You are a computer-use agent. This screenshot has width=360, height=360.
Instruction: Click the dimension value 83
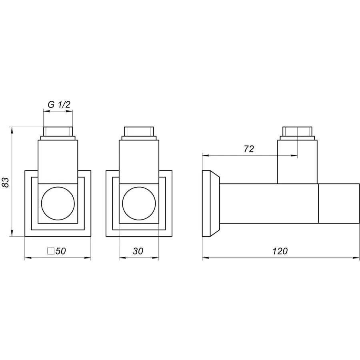pyautogui.click(x=6, y=182)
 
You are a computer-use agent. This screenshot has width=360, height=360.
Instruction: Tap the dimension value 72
pyautogui.click(x=249, y=149)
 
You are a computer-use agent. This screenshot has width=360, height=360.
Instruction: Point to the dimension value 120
pyautogui.click(x=280, y=251)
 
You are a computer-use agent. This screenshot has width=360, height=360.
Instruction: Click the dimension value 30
pyautogui.click(x=138, y=251)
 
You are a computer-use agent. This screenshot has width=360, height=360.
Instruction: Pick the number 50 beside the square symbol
pyautogui.click(x=60, y=251)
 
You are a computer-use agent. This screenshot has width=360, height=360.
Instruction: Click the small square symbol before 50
pyautogui.click(x=51, y=251)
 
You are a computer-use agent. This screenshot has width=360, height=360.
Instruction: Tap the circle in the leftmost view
pyautogui.click(x=58, y=202)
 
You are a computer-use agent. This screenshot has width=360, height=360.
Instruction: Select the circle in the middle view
pyautogui.click(x=138, y=202)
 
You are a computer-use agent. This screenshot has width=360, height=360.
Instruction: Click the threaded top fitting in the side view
pyautogui.click(x=298, y=132)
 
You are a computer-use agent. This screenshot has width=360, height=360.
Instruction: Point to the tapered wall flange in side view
pyautogui.click(x=211, y=203)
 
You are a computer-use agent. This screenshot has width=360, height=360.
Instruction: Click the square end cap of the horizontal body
pyautogui.click(x=338, y=203)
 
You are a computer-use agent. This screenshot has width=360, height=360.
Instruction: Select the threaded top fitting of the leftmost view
pyautogui.click(x=58, y=132)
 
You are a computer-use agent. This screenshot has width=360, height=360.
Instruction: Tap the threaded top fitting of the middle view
pyautogui.click(x=138, y=132)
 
